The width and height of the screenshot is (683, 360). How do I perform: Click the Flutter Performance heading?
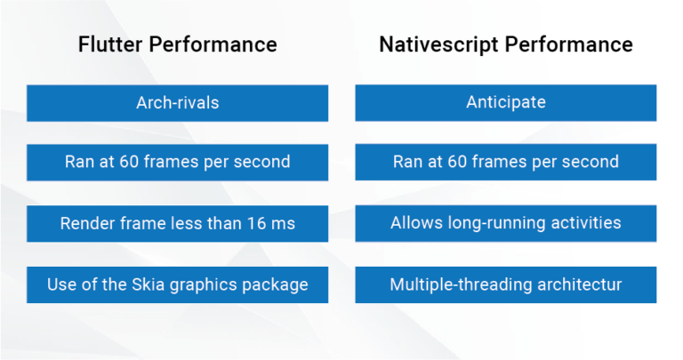tap(177, 44)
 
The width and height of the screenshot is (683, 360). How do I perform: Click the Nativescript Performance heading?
tap(505, 44)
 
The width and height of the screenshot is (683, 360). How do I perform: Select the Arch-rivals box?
tap(177, 103)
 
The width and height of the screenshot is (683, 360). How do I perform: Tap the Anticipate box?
tap(505, 103)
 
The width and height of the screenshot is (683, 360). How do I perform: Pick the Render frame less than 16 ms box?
tap(177, 223)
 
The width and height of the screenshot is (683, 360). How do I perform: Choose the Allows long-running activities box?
tap(505, 223)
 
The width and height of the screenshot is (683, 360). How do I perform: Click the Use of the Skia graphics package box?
tap(177, 284)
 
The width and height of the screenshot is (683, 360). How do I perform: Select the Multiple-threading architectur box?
tap(505, 284)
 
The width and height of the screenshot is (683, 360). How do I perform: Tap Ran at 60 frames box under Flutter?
tap(177, 162)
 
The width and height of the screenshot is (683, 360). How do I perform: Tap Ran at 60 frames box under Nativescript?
tap(505, 162)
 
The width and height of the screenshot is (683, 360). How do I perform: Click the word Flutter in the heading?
tap(110, 44)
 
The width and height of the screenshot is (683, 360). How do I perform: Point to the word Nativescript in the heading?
tap(435, 44)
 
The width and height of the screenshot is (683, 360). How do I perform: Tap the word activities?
tap(587, 222)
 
